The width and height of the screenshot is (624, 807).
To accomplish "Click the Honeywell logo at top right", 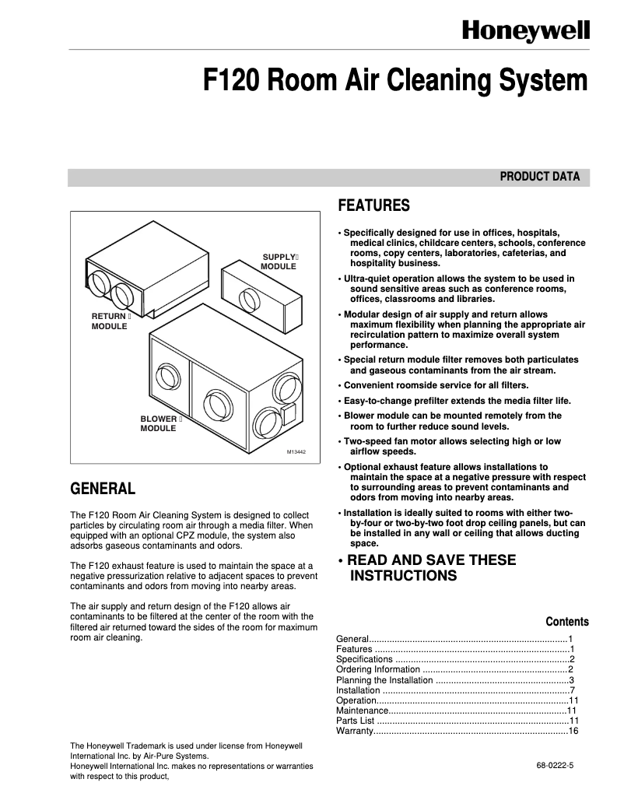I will (x=527, y=30).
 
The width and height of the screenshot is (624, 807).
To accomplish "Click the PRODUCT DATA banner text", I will (x=539, y=177).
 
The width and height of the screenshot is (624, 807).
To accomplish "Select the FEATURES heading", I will (x=373, y=206).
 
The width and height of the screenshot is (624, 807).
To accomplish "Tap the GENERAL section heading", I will (x=103, y=489).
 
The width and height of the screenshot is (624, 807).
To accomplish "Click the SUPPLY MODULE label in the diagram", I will (x=280, y=261).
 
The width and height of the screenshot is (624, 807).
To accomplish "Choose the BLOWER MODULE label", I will (x=160, y=423).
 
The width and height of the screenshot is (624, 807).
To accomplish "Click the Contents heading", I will (x=566, y=622).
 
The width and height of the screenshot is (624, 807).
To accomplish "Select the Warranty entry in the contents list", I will (x=355, y=731).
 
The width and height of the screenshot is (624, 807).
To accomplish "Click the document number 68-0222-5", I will (x=554, y=766).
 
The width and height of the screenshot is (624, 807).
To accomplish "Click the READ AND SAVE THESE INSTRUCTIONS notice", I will (x=426, y=568).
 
